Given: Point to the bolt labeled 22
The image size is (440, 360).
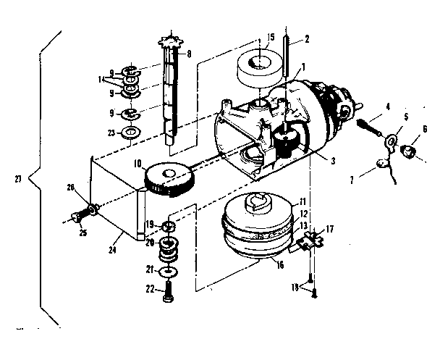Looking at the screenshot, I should click(168, 293).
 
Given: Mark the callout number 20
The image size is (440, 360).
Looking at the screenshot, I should click(150, 243).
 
